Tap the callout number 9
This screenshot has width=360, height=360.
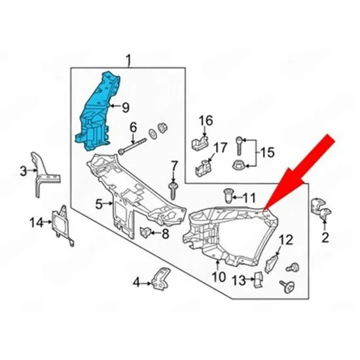pos(126,107)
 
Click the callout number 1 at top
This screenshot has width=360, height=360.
pos(128,60)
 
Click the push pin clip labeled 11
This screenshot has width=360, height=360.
pos(228,196)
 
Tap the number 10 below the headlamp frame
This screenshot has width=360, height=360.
pos(219,277)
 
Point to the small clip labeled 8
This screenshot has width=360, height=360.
pos(145,232)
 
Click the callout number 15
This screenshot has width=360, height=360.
pos(267,153)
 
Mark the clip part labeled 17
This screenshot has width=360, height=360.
pos(203,168)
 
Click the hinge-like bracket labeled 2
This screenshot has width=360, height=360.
pos(321,208)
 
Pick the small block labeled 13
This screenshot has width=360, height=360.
pos(259,279)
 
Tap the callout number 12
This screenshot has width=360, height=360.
pos(286,240)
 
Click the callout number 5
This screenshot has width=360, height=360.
pos(99,204)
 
